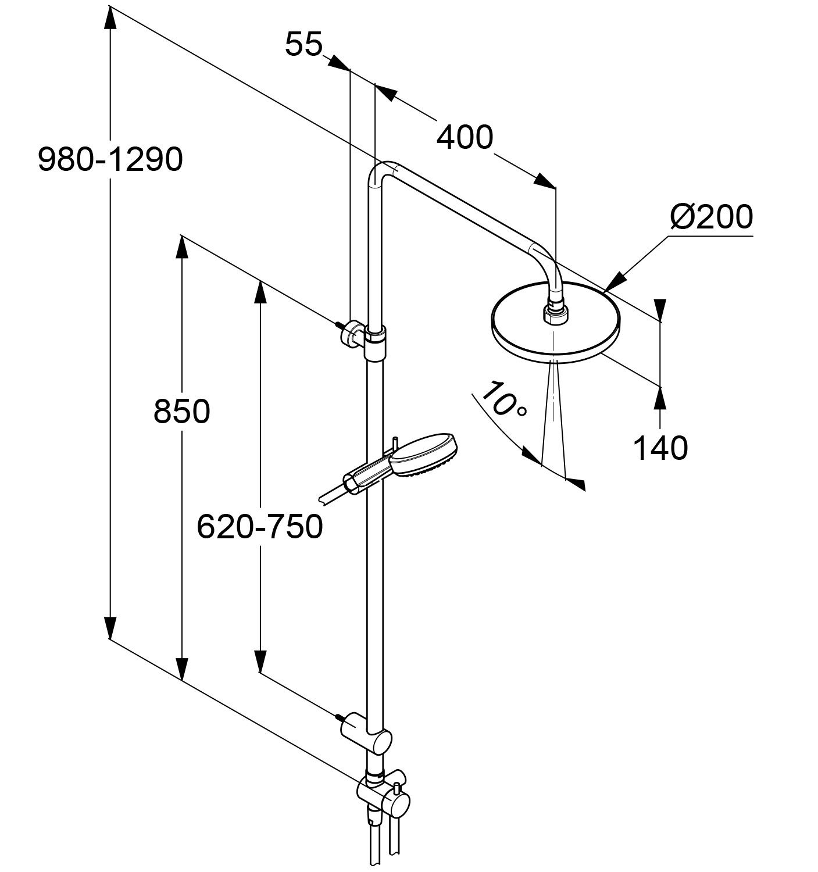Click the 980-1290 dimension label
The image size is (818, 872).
[110, 159]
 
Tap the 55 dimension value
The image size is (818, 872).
[303, 44]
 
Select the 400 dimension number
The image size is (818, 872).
[465, 138]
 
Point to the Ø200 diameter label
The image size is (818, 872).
[711, 217]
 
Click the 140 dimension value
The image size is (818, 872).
[660, 448]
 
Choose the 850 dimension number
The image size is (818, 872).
[181, 412]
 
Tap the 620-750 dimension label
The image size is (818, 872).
[259, 527]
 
